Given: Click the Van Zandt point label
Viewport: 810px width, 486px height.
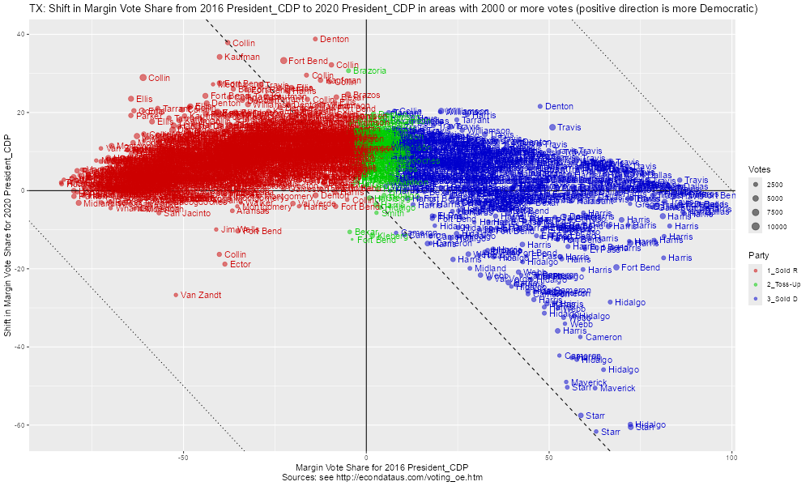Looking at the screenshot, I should pos(200,295).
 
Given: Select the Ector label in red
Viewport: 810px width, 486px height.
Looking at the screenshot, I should pos(240,264).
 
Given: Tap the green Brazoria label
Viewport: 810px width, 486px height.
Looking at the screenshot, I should pos(370,70).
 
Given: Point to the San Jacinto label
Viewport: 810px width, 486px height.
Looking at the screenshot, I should pos(187,213).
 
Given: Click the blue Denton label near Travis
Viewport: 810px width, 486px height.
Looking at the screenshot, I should pos(559,106).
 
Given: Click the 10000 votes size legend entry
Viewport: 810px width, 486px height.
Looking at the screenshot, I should pos(777,227).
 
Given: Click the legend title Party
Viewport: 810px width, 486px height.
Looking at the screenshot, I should pos(758,255).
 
